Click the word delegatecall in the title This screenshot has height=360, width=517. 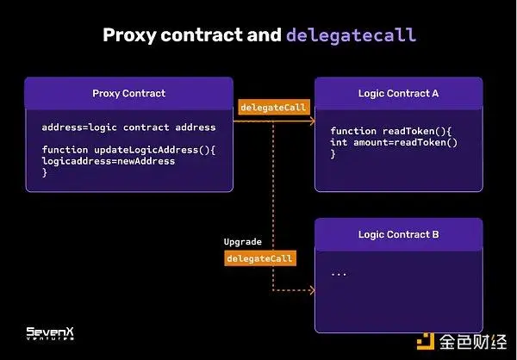tap(351, 35)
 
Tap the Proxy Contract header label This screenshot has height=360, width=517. tap(128, 93)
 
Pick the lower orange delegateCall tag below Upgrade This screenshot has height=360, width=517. tap(260, 258)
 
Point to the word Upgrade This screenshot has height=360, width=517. tap(243, 242)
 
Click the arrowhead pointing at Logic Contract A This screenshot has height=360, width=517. tap(310, 121)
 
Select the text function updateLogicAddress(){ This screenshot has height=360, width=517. tap(128, 150)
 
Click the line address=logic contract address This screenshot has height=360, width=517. tap(128, 127)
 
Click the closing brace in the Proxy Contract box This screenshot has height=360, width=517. tap(45, 172)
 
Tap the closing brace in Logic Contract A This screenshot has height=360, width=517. tap(333, 153)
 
